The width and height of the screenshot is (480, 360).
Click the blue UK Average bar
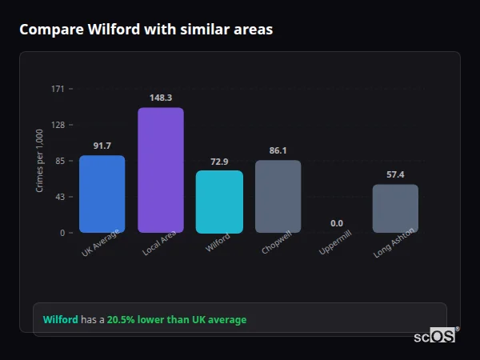[102, 194]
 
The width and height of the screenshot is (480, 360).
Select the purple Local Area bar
[161, 170]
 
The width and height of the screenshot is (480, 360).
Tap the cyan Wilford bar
[219, 202]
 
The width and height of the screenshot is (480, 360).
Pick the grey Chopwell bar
[278, 197]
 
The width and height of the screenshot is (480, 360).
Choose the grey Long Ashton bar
[395, 209]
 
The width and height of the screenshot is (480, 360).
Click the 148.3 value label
[161, 98]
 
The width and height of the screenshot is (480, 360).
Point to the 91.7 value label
[102, 146]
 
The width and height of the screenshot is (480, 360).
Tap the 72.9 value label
[219, 161]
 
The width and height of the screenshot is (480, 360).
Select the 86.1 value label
[278, 150]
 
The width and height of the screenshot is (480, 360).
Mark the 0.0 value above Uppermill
[336, 223]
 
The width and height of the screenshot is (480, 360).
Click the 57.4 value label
[395, 174]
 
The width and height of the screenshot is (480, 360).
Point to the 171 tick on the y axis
[58, 89]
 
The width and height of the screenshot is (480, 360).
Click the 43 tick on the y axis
[60, 197]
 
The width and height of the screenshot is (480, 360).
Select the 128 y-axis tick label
[58, 125]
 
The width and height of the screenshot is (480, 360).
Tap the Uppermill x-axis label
[335, 243]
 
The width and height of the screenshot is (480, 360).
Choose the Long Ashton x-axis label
[394, 246]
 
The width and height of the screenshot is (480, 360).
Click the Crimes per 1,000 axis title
[39, 161]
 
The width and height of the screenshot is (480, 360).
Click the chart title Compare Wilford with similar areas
[146, 30]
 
